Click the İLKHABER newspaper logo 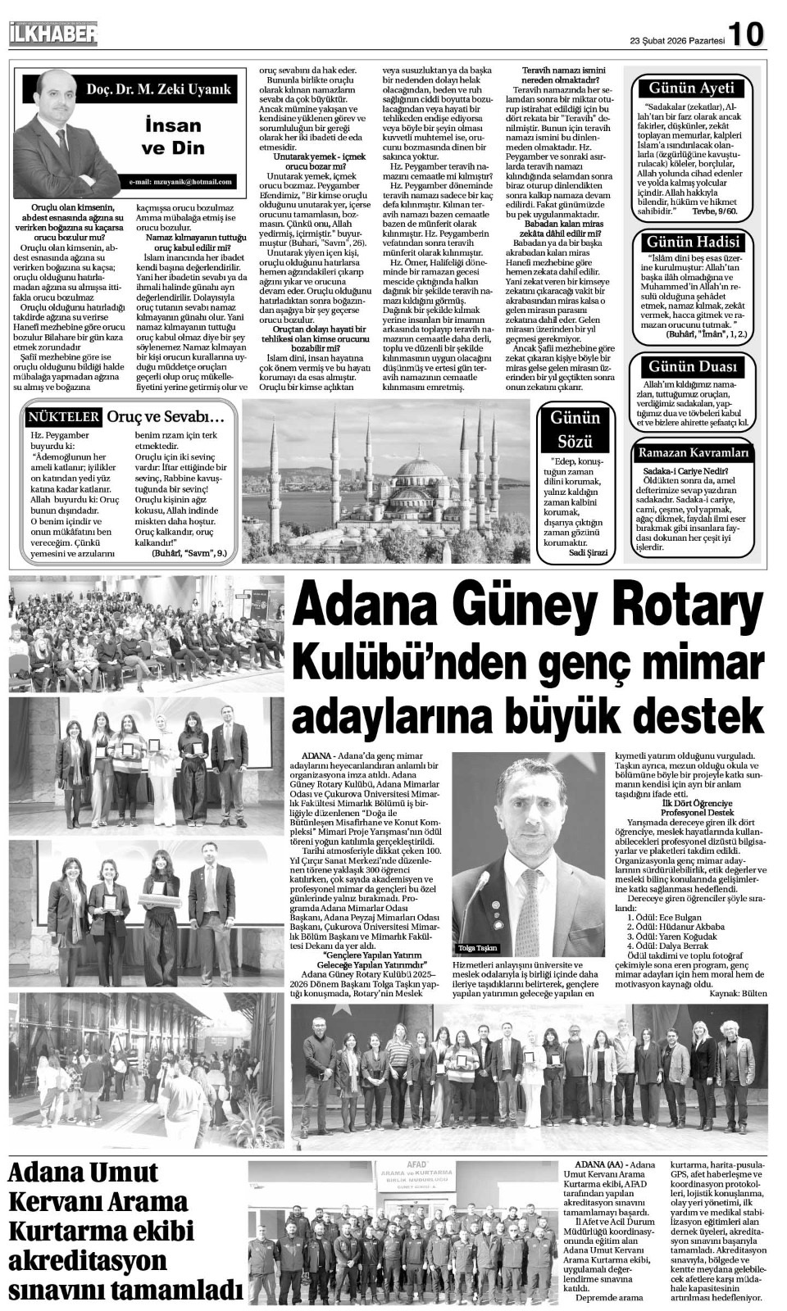point(53,34)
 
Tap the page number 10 point(746,34)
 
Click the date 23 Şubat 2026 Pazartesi point(677,39)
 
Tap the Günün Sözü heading point(575,429)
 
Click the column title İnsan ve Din point(172,136)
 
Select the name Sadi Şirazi point(588,553)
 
